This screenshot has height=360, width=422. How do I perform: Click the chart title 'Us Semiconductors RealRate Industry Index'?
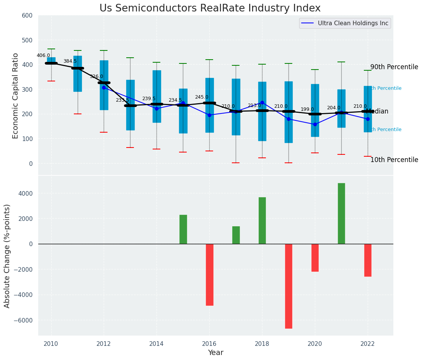210,8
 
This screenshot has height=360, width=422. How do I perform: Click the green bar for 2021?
341,213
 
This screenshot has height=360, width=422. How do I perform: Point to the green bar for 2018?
262,221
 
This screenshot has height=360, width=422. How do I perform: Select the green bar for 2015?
183,229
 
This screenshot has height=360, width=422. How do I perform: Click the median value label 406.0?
43,55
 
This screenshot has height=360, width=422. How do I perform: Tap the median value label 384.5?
70,61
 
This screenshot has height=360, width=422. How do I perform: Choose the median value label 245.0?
202,97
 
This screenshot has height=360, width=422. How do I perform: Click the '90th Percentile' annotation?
394,67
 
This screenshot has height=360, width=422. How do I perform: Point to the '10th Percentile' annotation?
394,160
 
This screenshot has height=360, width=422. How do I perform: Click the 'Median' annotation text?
377,112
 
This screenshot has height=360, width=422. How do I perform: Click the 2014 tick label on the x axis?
156,344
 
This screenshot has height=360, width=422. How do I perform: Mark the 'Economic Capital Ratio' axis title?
16,96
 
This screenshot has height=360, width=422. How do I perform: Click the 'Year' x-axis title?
216,352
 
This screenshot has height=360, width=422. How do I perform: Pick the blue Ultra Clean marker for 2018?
262,102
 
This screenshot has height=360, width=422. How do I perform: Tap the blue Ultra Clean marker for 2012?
104,88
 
